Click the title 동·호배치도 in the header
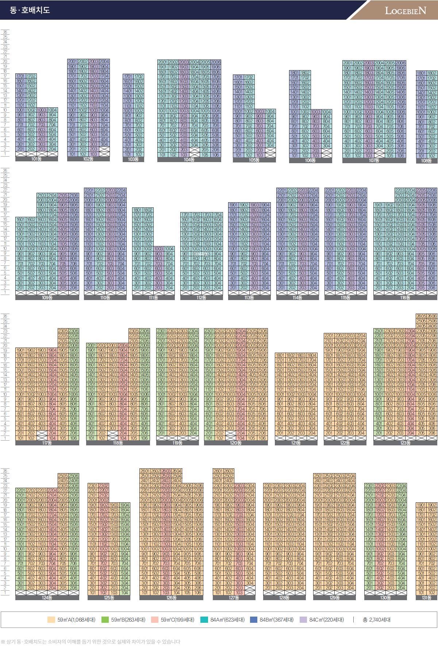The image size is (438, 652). [x=30, y=10]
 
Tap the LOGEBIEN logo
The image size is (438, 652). [x=405, y=11]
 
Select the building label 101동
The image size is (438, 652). [x=36, y=159]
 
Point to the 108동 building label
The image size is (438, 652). [x=426, y=161]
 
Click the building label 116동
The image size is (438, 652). [x=405, y=298]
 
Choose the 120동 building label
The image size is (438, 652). [x=235, y=443]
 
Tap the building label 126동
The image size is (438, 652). [x=171, y=598]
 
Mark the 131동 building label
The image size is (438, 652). [x=426, y=598]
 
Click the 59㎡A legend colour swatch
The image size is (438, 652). [x=51, y=620]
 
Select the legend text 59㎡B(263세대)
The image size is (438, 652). [x=128, y=620]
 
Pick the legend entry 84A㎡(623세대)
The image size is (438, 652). [x=227, y=620]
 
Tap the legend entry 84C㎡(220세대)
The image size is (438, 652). [x=326, y=620]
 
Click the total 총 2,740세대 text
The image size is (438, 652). [x=376, y=620]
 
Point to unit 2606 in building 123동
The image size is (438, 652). [x=432, y=316]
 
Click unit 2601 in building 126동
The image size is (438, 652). [x=145, y=471]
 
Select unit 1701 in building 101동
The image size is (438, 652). [x=20, y=76]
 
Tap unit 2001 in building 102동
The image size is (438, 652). [x=72, y=62]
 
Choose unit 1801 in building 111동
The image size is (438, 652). [x=137, y=210]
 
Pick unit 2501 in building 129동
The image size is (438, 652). [x=318, y=476]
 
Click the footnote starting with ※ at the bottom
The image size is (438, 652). [x=91, y=641]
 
